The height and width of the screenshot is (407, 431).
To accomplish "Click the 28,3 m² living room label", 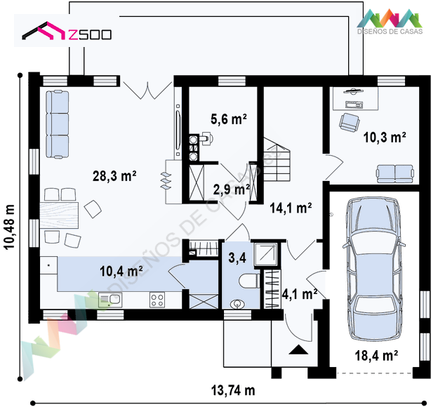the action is click(x=114, y=176).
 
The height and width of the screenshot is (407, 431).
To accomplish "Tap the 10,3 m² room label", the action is click(x=385, y=137).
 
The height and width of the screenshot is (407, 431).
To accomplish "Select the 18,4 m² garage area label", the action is click(x=376, y=356).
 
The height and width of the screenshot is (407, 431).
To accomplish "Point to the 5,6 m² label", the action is click(x=229, y=119).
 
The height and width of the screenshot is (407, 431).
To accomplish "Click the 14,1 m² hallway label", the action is click(x=291, y=208).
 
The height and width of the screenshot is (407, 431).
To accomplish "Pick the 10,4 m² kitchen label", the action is click(x=121, y=272).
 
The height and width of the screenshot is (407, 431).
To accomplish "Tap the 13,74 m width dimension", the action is click(x=233, y=390).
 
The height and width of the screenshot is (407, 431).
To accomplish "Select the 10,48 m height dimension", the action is click(x=10, y=227).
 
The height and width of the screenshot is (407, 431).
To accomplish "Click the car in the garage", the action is click(x=374, y=269).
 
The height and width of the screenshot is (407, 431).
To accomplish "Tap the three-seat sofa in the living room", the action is click(x=58, y=125).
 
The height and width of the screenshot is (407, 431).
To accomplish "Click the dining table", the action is click(x=59, y=215).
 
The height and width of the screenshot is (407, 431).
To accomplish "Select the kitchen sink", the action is click(x=110, y=300).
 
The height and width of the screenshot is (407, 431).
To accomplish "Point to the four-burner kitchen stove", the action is click(x=157, y=300).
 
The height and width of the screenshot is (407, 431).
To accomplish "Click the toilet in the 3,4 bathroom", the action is click(x=249, y=281).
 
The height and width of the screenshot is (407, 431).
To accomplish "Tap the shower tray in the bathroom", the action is click(x=266, y=255).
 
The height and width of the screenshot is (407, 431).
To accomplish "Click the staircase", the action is click(x=277, y=159).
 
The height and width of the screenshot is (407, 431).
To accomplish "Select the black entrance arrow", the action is click(x=298, y=349).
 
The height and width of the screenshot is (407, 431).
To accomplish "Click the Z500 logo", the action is click(x=67, y=31).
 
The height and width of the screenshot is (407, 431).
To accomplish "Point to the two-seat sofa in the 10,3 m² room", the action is click(x=395, y=174).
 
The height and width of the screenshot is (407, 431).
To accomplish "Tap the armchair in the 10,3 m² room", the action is click(x=350, y=122).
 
